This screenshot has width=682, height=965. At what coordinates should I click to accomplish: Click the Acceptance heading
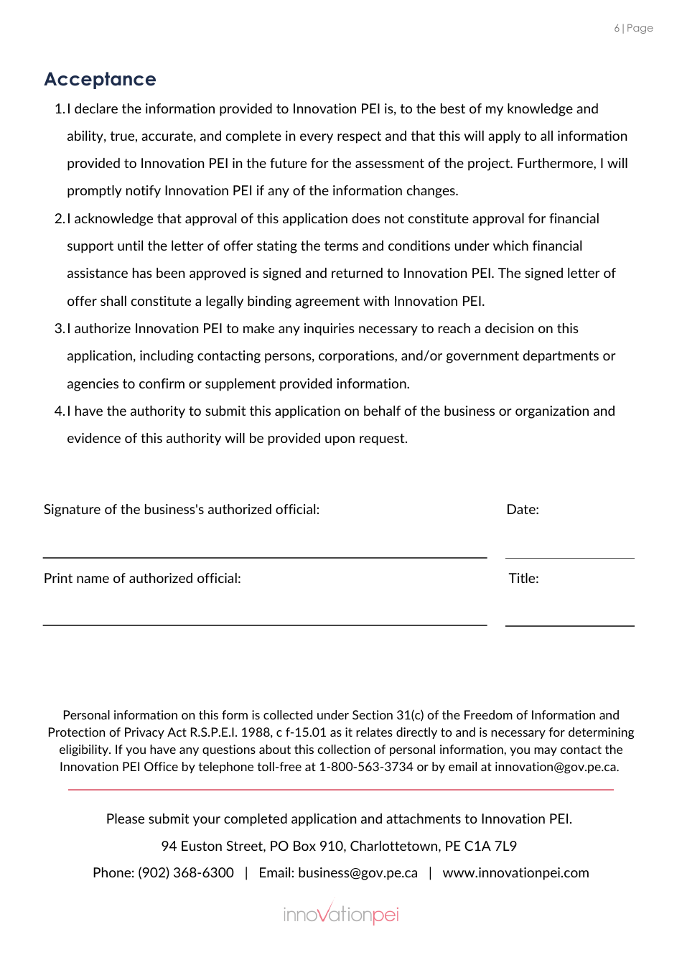(100, 79)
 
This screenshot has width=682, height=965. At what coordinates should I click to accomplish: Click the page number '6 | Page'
(633, 28)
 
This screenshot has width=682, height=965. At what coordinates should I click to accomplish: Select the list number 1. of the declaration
(60, 109)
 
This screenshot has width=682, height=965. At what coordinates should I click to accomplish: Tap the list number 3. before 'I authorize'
(60, 329)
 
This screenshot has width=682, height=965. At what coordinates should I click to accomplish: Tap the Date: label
(523, 510)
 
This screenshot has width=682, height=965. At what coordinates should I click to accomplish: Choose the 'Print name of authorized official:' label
(142, 579)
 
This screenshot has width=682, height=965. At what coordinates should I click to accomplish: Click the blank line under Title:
(569, 625)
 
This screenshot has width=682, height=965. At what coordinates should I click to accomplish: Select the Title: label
(523, 579)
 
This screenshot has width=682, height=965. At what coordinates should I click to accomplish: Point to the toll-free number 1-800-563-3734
(366, 767)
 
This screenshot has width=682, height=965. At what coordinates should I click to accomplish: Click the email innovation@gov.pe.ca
(556, 767)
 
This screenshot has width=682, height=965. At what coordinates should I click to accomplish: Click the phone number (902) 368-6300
(186, 873)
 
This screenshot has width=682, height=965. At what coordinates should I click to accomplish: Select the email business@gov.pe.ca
(358, 873)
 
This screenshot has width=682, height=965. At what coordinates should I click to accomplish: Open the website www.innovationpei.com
(515, 873)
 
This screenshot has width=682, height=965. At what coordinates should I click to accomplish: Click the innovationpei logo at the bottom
(341, 914)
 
